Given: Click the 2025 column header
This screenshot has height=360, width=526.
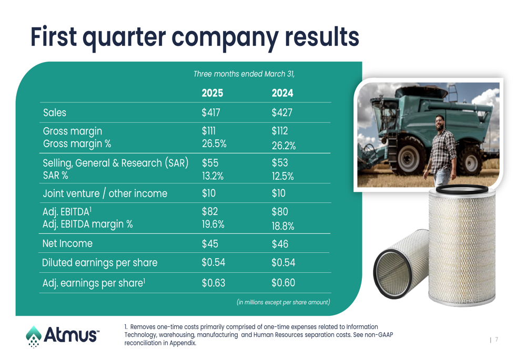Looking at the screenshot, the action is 213,93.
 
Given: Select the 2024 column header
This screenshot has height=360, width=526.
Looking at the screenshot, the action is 282,93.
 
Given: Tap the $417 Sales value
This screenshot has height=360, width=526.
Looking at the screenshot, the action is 211,112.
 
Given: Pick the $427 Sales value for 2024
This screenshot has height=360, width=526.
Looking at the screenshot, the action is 282,112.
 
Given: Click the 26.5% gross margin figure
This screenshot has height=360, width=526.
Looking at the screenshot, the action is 214,143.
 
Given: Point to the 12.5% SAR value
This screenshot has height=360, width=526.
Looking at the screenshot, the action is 283,176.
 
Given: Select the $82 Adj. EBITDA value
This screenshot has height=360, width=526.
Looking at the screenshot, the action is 210,211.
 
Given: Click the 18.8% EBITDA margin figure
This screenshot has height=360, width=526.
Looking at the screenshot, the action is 283,227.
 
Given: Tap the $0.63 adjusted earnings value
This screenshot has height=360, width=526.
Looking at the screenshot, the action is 214,283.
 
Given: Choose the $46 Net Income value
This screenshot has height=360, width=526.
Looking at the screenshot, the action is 280,244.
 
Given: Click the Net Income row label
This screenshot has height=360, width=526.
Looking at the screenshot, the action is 67,243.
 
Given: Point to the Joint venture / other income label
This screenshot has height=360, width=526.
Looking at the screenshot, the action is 105,193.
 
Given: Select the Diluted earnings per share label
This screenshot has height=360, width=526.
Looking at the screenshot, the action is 99,262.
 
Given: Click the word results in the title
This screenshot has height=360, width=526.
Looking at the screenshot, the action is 322,37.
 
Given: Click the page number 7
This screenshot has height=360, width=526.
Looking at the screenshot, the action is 497,340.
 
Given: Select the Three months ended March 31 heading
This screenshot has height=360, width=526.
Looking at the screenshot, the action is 244,74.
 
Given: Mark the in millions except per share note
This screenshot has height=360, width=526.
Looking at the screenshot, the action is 284,302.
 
